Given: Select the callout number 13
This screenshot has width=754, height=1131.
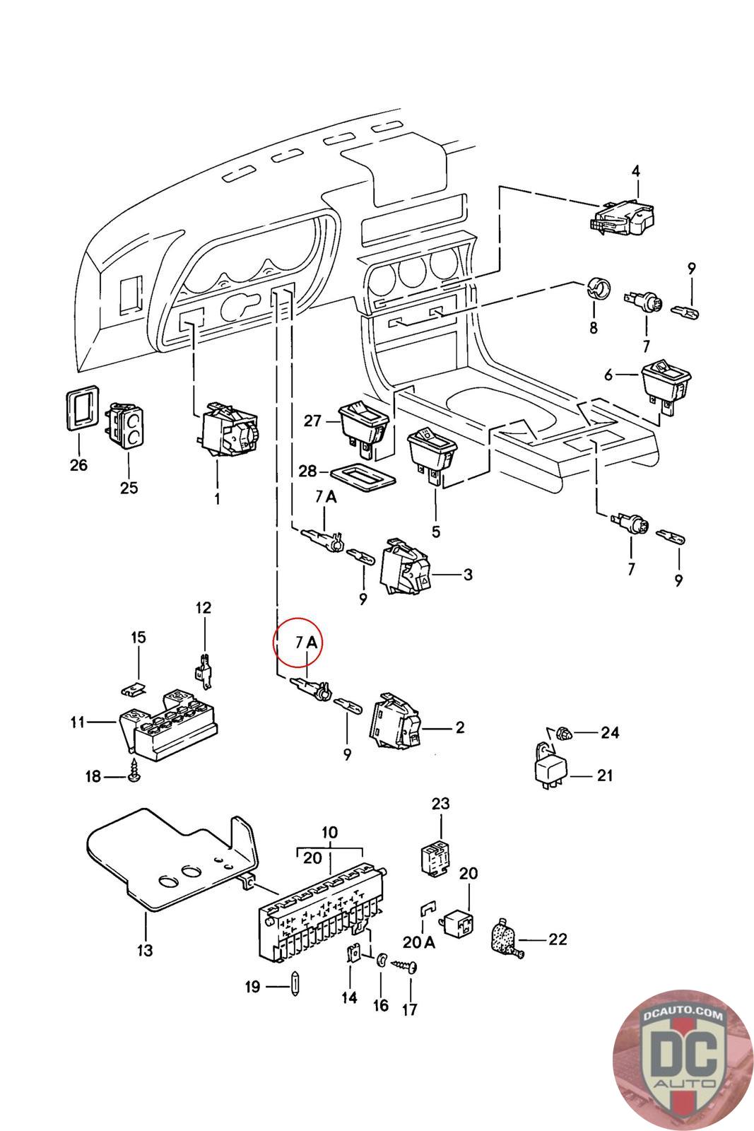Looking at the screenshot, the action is click(145, 950).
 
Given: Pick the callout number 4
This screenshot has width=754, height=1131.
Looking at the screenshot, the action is click(635, 171).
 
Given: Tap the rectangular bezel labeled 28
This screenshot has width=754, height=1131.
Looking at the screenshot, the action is click(363, 476).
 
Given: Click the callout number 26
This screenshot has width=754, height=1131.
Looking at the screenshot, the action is click(78, 464).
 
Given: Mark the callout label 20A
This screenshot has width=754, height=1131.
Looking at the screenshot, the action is click(419, 942).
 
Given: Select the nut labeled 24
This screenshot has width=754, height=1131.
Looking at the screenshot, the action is click(563, 732).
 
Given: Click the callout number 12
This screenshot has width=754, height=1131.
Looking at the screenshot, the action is click(204, 607).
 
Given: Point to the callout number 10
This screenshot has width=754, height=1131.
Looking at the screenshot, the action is click(329, 832).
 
